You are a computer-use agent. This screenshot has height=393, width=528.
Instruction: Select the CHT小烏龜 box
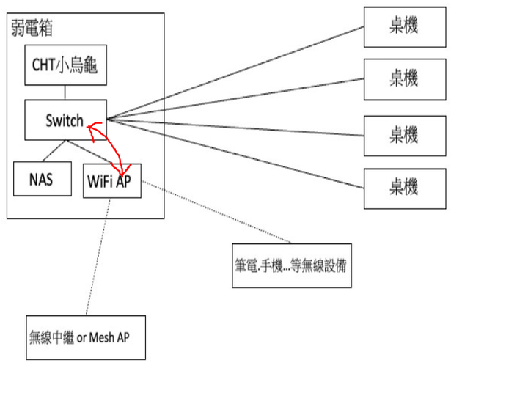coord(65,65)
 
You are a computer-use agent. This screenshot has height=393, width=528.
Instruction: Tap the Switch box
coord(65,120)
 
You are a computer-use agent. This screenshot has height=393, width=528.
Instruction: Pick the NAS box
coord(43,178)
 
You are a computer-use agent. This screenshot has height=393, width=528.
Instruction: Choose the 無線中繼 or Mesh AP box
coord(85,337)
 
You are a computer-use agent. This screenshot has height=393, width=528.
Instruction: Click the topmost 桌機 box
coord(405,27)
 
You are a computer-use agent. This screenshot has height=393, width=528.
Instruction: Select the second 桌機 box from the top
coord(405,79)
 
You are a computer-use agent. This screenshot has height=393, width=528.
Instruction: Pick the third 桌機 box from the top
coord(405,135)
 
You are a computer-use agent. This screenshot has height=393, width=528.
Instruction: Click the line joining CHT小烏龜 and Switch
coord(65,93)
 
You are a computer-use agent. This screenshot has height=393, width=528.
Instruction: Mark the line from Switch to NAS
coord(54,150)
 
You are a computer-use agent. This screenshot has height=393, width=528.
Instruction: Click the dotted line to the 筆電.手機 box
coord(220,214)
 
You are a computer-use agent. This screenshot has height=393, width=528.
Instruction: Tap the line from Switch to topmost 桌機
coord(235,73)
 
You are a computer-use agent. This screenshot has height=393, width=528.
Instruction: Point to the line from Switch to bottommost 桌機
coord(235,154)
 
